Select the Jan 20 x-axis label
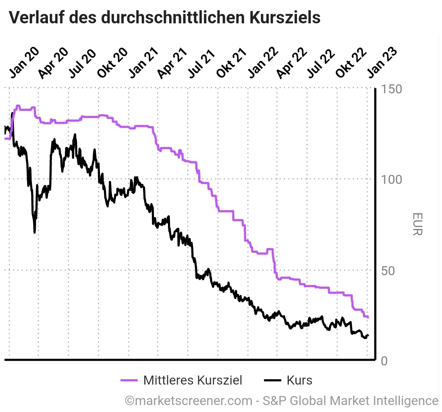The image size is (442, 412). [x=24, y=62]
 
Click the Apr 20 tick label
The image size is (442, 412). [x=53, y=62]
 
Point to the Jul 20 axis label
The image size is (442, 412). [x=83, y=62]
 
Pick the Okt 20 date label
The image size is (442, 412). [x=112, y=62]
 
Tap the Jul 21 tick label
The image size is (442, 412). [x=202, y=62]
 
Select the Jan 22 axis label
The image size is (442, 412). [x=263, y=62]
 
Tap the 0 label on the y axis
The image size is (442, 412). [x=383, y=361]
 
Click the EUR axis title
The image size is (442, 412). [x=417, y=224]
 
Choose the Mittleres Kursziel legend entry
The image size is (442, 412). [x=182, y=380]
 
